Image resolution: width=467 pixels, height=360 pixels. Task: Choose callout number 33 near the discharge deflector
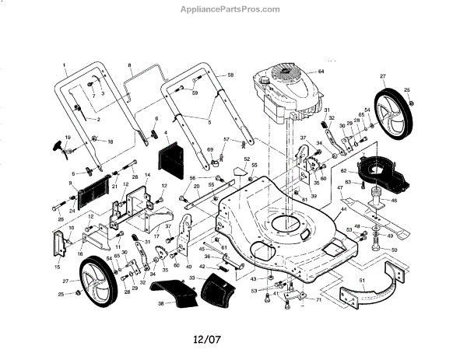tap(191, 278)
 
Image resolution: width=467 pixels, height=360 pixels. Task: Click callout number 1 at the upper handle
tap(64, 64)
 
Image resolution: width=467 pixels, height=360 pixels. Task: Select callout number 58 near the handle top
tap(230, 74)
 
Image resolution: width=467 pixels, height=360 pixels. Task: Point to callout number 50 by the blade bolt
tap(393, 250)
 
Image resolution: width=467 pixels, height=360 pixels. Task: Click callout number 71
tap(318, 299)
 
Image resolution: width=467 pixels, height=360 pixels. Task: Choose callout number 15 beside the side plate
tap(57, 266)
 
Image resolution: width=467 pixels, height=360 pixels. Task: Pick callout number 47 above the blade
tap(339, 188)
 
